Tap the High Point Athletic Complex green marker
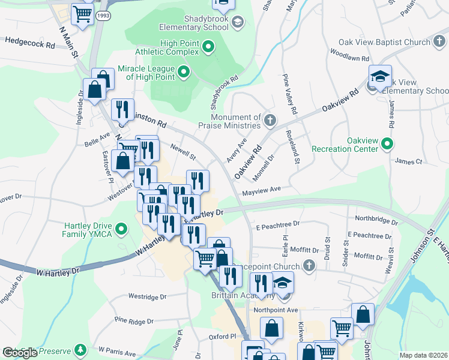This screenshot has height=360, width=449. click(x=208, y=46)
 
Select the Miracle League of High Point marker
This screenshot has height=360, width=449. click(x=184, y=73)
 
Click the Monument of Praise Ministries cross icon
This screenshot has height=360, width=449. click(x=270, y=121)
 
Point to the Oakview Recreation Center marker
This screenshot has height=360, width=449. click(x=387, y=143)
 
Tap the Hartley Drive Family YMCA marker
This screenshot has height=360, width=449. click(x=122, y=229)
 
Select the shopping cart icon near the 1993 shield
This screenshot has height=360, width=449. click(x=82, y=14)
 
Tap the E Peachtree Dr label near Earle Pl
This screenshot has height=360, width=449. click(x=277, y=224)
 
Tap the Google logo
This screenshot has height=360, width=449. click(x=20, y=353)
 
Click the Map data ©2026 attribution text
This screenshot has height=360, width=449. click(x=423, y=355)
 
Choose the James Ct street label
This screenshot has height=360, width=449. click(x=409, y=161)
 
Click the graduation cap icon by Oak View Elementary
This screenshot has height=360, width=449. click(x=380, y=76)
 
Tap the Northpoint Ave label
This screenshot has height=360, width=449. click(x=276, y=310)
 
